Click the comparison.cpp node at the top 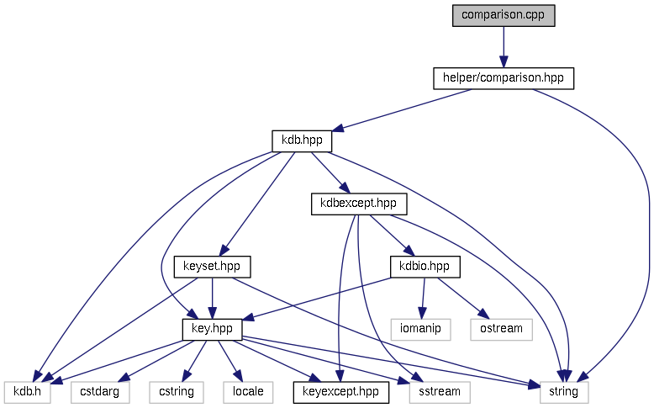504,16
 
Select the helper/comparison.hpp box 504,78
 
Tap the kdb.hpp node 302,140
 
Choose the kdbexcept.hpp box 359,203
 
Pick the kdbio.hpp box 425,266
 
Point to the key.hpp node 212,329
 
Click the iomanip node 421,329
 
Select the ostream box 502,329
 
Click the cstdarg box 100,391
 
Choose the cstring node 177,391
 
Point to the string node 564,391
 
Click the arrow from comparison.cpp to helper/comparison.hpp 504,47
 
